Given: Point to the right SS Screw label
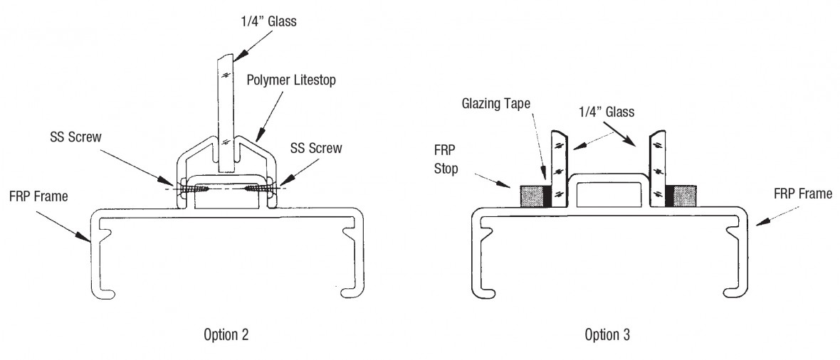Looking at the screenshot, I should (x=315, y=148).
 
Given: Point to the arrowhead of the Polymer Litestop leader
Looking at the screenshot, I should (x=253, y=139).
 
